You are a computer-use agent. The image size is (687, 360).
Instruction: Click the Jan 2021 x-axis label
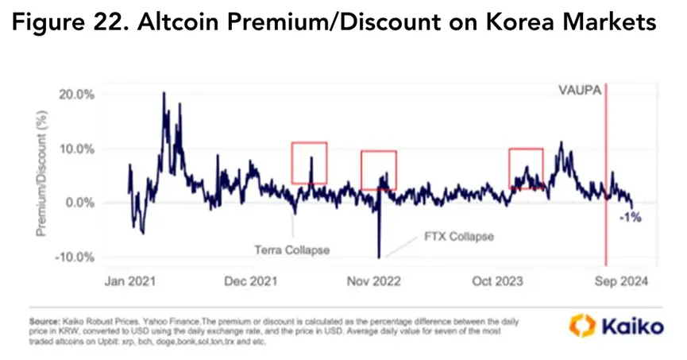click(130, 281)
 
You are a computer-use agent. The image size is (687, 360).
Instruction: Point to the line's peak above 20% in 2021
click(164, 93)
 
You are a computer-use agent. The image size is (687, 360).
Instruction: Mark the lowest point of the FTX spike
click(379, 257)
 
